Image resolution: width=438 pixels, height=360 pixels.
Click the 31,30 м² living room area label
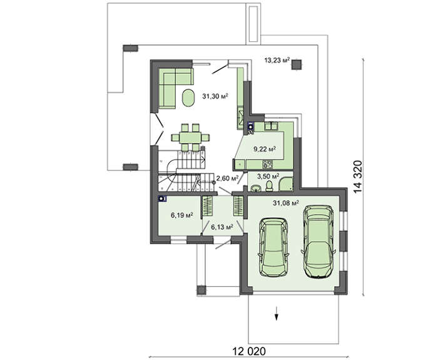pyautogui.click(x=215, y=96)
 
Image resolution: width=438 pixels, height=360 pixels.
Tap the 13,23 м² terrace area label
pyautogui.click(x=277, y=60)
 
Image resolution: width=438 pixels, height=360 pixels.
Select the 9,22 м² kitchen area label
pyautogui.click(x=265, y=149)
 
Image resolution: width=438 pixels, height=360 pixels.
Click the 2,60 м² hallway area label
pyautogui.click(x=227, y=178)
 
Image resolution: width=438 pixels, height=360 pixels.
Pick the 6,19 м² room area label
pyautogui.click(x=182, y=215)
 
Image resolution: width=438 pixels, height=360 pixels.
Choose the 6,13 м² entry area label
pyautogui.click(x=222, y=227)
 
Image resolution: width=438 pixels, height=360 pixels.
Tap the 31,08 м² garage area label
pyautogui.click(x=286, y=203)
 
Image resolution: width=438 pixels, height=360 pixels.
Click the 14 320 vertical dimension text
pyautogui.click(x=357, y=177)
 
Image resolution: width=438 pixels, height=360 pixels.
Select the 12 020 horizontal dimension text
pyautogui.click(x=249, y=351)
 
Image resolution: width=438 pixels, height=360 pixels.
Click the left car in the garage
pyautogui.click(x=273, y=247)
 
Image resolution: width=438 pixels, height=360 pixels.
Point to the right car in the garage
pyautogui.click(x=318, y=242)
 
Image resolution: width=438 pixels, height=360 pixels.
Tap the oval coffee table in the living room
pyautogui.click(x=188, y=98)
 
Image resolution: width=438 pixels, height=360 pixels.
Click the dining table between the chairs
pyautogui.click(x=190, y=138)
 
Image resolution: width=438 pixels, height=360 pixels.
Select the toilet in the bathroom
pyautogui.click(x=269, y=186)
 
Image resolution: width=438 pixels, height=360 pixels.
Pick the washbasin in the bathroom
pyautogui.click(x=255, y=188)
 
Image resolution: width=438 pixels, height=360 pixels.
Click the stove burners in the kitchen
pyautogui.click(x=267, y=165)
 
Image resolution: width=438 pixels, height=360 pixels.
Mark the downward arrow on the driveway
pyautogui.click(x=277, y=313)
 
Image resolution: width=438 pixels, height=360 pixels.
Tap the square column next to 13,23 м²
pyautogui.click(x=297, y=65)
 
